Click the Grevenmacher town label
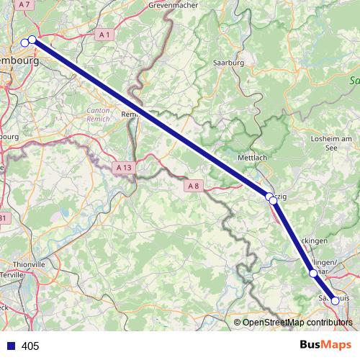[172, 4]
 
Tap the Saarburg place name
[230, 63]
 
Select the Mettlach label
[252, 156]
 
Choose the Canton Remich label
[99, 115]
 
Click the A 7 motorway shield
[25, 4]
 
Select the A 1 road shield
[105, 34]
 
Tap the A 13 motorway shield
[125, 167]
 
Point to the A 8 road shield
[193, 186]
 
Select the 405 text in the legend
[30, 346]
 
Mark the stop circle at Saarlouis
[335, 301]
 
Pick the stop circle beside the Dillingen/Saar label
[313, 274]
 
